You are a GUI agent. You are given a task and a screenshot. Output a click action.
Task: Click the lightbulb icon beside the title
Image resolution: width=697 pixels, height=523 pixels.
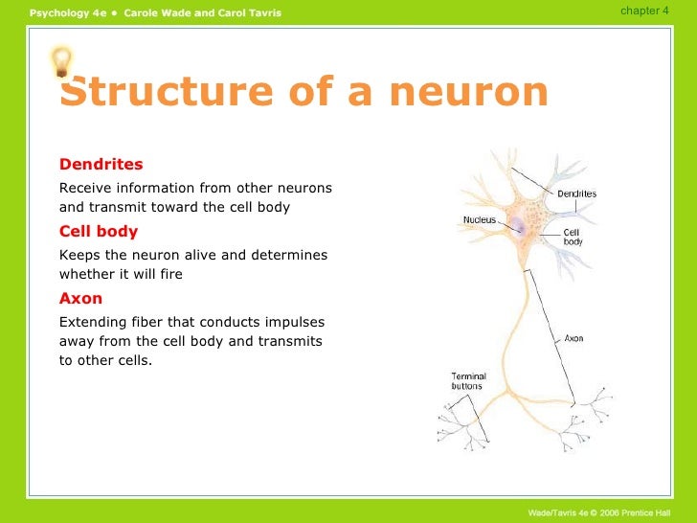[x=60, y=62]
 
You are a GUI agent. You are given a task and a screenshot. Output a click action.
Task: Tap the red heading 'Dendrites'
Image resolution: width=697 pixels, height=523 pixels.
[x=101, y=164]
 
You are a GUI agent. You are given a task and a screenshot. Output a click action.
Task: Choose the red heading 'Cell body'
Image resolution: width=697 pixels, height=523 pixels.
[x=99, y=231]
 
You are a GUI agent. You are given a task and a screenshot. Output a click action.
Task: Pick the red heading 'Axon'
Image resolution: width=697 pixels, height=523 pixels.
[x=80, y=298]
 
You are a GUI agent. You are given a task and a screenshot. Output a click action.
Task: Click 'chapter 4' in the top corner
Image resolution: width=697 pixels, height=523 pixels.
[x=644, y=11]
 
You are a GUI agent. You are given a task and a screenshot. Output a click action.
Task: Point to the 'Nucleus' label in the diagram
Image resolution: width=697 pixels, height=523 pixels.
[x=479, y=219]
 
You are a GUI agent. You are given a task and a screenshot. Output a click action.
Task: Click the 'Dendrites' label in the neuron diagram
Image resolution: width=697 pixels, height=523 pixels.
[x=576, y=193]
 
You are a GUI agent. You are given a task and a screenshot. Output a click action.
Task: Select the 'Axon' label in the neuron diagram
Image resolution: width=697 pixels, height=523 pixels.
[x=573, y=338]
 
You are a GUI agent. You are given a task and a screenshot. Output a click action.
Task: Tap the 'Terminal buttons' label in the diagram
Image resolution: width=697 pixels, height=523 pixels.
[x=468, y=381]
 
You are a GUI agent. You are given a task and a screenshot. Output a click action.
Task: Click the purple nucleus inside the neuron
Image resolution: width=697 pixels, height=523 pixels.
[x=517, y=226]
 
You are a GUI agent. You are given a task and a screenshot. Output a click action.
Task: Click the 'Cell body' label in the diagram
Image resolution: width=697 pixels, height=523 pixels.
[x=572, y=237]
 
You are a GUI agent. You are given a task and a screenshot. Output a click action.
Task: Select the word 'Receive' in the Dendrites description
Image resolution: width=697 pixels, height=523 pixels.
[x=85, y=188]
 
